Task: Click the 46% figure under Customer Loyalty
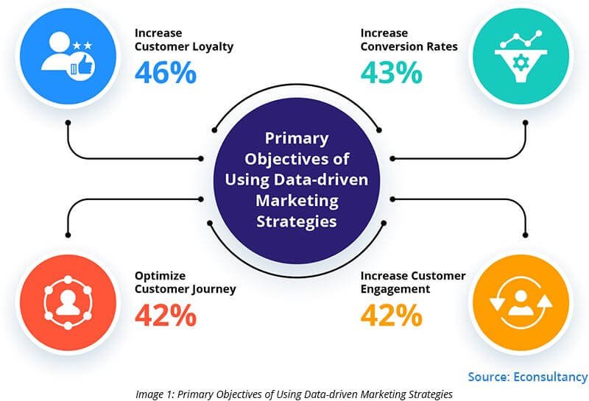tap(166, 73)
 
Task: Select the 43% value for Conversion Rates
tap(391, 73)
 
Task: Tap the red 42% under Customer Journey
tap(166, 316)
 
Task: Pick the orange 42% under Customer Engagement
tap(391, 316)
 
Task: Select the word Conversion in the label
tap(389, 46)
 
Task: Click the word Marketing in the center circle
tap(297, 200)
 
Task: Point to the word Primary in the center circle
tap(297, 138)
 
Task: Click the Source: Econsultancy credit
tap(526, 377)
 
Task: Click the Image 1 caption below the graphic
tap(294, 394)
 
